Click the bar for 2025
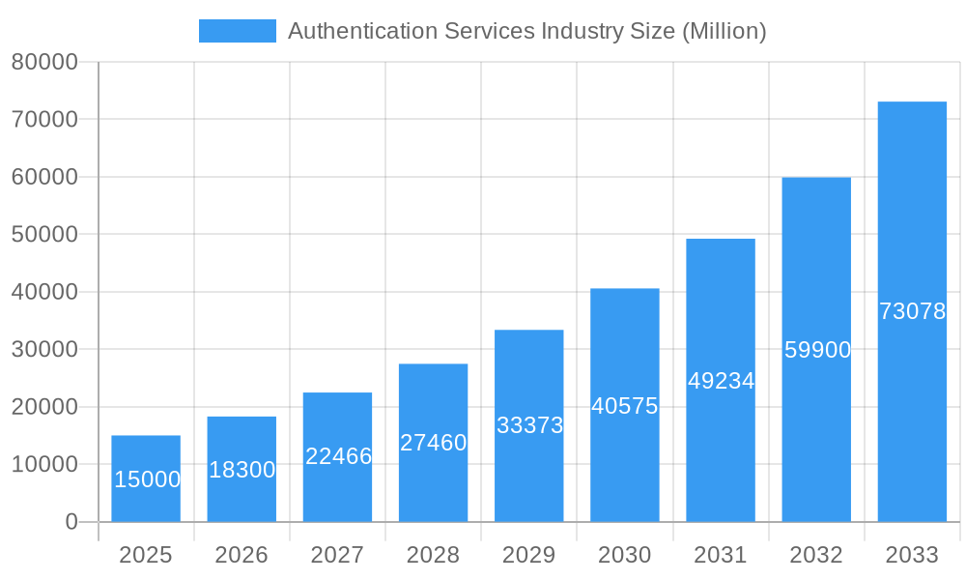[146, 454]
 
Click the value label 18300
[241, 471]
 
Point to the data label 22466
[338, 456]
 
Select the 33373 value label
[529, 425]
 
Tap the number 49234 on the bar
[721, 381]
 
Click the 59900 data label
[817, 350]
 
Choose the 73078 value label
[912, 311]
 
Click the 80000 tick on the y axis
[44, 63]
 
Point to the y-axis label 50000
[44, 235]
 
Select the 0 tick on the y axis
[71, 522]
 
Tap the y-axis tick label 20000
[44, 407]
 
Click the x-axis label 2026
[241, 555]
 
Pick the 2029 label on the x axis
[529, 555]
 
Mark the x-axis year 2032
[816, 555]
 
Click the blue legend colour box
[238, 31]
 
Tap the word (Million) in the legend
[724, 31]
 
